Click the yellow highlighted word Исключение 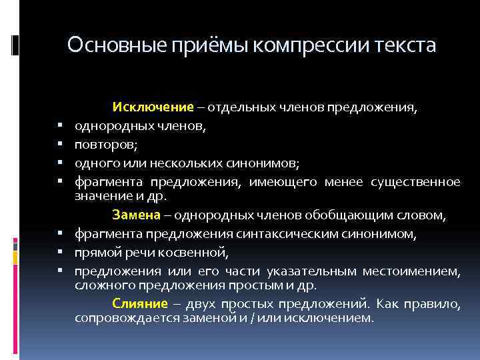(x=153, y=107)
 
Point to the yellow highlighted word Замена (x=137, y=215)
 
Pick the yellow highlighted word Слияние (x=139, y=303)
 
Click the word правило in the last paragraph (x=437, y=303)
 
